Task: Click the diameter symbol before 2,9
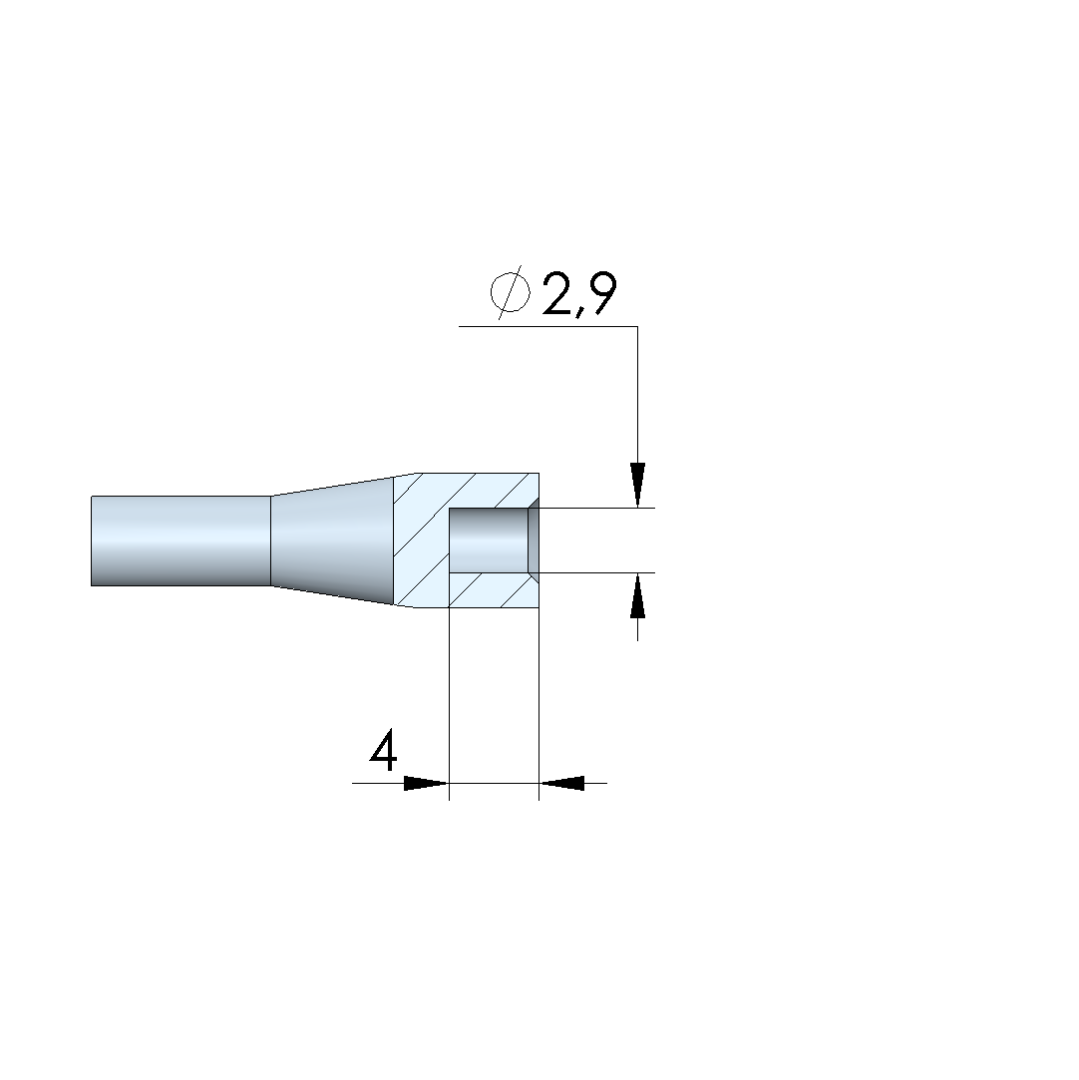[511, 293]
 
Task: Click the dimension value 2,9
[578, 294]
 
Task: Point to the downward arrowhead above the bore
[637, 485]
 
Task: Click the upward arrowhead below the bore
[637, 595]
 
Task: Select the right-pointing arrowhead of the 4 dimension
[426, 783]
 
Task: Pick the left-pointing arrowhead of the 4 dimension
[561, 783]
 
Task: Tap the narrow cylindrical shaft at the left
[180, 540]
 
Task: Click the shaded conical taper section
[332, 540]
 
